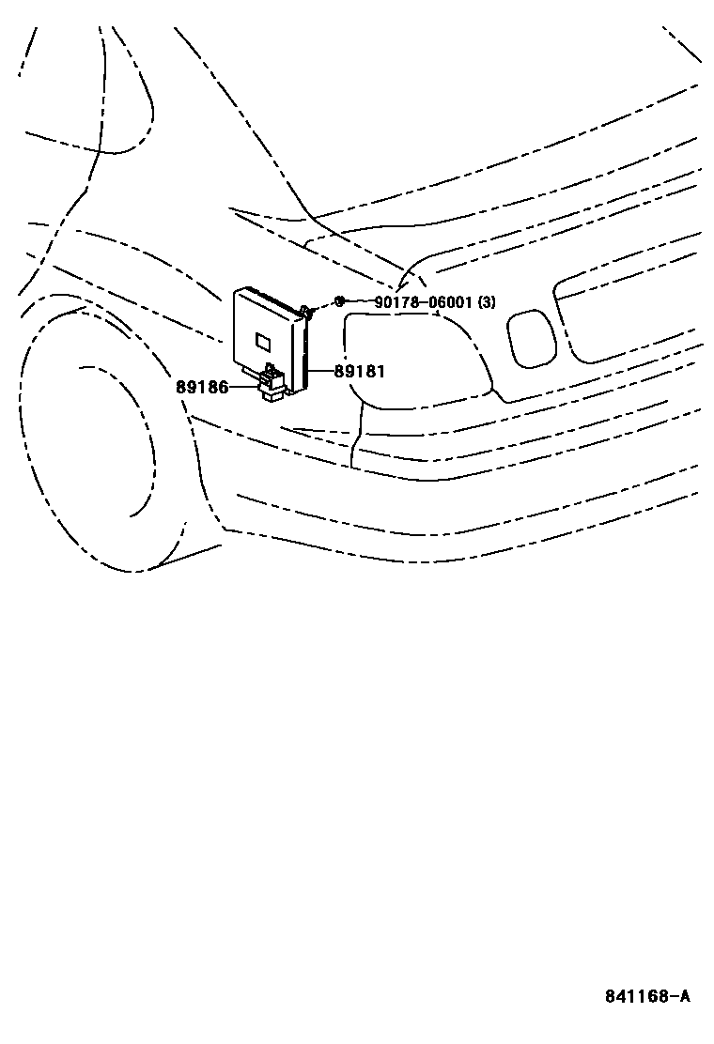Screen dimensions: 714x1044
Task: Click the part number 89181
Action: click(360, 372)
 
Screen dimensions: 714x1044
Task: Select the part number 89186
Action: click(201, 387)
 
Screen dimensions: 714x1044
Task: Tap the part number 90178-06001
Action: click(424, 302)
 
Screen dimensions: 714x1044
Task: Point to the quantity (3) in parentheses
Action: click(487, 302)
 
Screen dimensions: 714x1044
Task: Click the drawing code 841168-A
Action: click(646, 996)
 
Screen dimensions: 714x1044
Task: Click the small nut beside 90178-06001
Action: click(339, 301)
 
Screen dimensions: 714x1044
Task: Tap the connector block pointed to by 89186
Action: click(272, 385)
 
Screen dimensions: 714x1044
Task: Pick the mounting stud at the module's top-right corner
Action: click(307, 311)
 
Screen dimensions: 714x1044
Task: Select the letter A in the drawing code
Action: click(684, 996)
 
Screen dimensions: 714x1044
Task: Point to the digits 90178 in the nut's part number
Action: click(396, 302)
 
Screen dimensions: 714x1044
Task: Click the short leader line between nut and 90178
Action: click(359, 302)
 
